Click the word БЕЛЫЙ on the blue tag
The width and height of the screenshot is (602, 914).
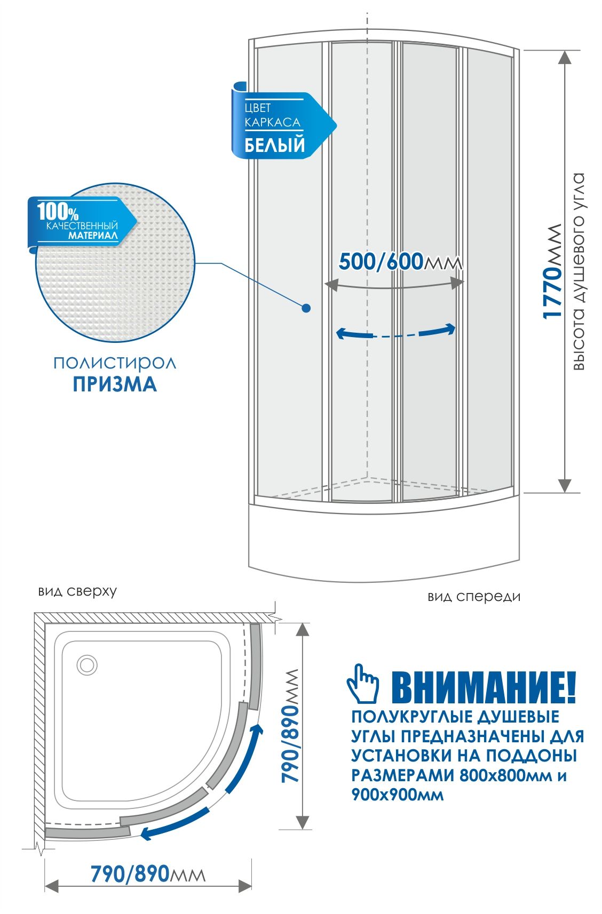click(x=274, y=145)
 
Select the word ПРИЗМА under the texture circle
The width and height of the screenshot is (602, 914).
click(x=115, y=384)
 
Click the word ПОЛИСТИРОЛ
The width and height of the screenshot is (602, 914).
click(x=115, y=363)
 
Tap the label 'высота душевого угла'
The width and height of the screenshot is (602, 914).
click(x=579, y=271)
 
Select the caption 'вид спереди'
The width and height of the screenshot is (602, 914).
click(x=473, y=596)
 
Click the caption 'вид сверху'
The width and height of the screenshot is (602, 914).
click(x=77, y=591)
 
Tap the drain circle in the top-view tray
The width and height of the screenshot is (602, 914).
click(x=86, y=665)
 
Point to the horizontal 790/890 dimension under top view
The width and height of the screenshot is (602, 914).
click(x=130, y=874)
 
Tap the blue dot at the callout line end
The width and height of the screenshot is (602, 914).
click(x=306, y=308)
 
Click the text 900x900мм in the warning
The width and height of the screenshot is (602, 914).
click(x=397, y=794)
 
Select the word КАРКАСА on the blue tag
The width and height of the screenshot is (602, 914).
click(x=272, y=122)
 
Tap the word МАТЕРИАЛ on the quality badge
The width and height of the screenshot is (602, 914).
click(x=93, y=235)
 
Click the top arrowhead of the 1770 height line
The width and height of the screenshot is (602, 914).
click(x=565, y=57)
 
